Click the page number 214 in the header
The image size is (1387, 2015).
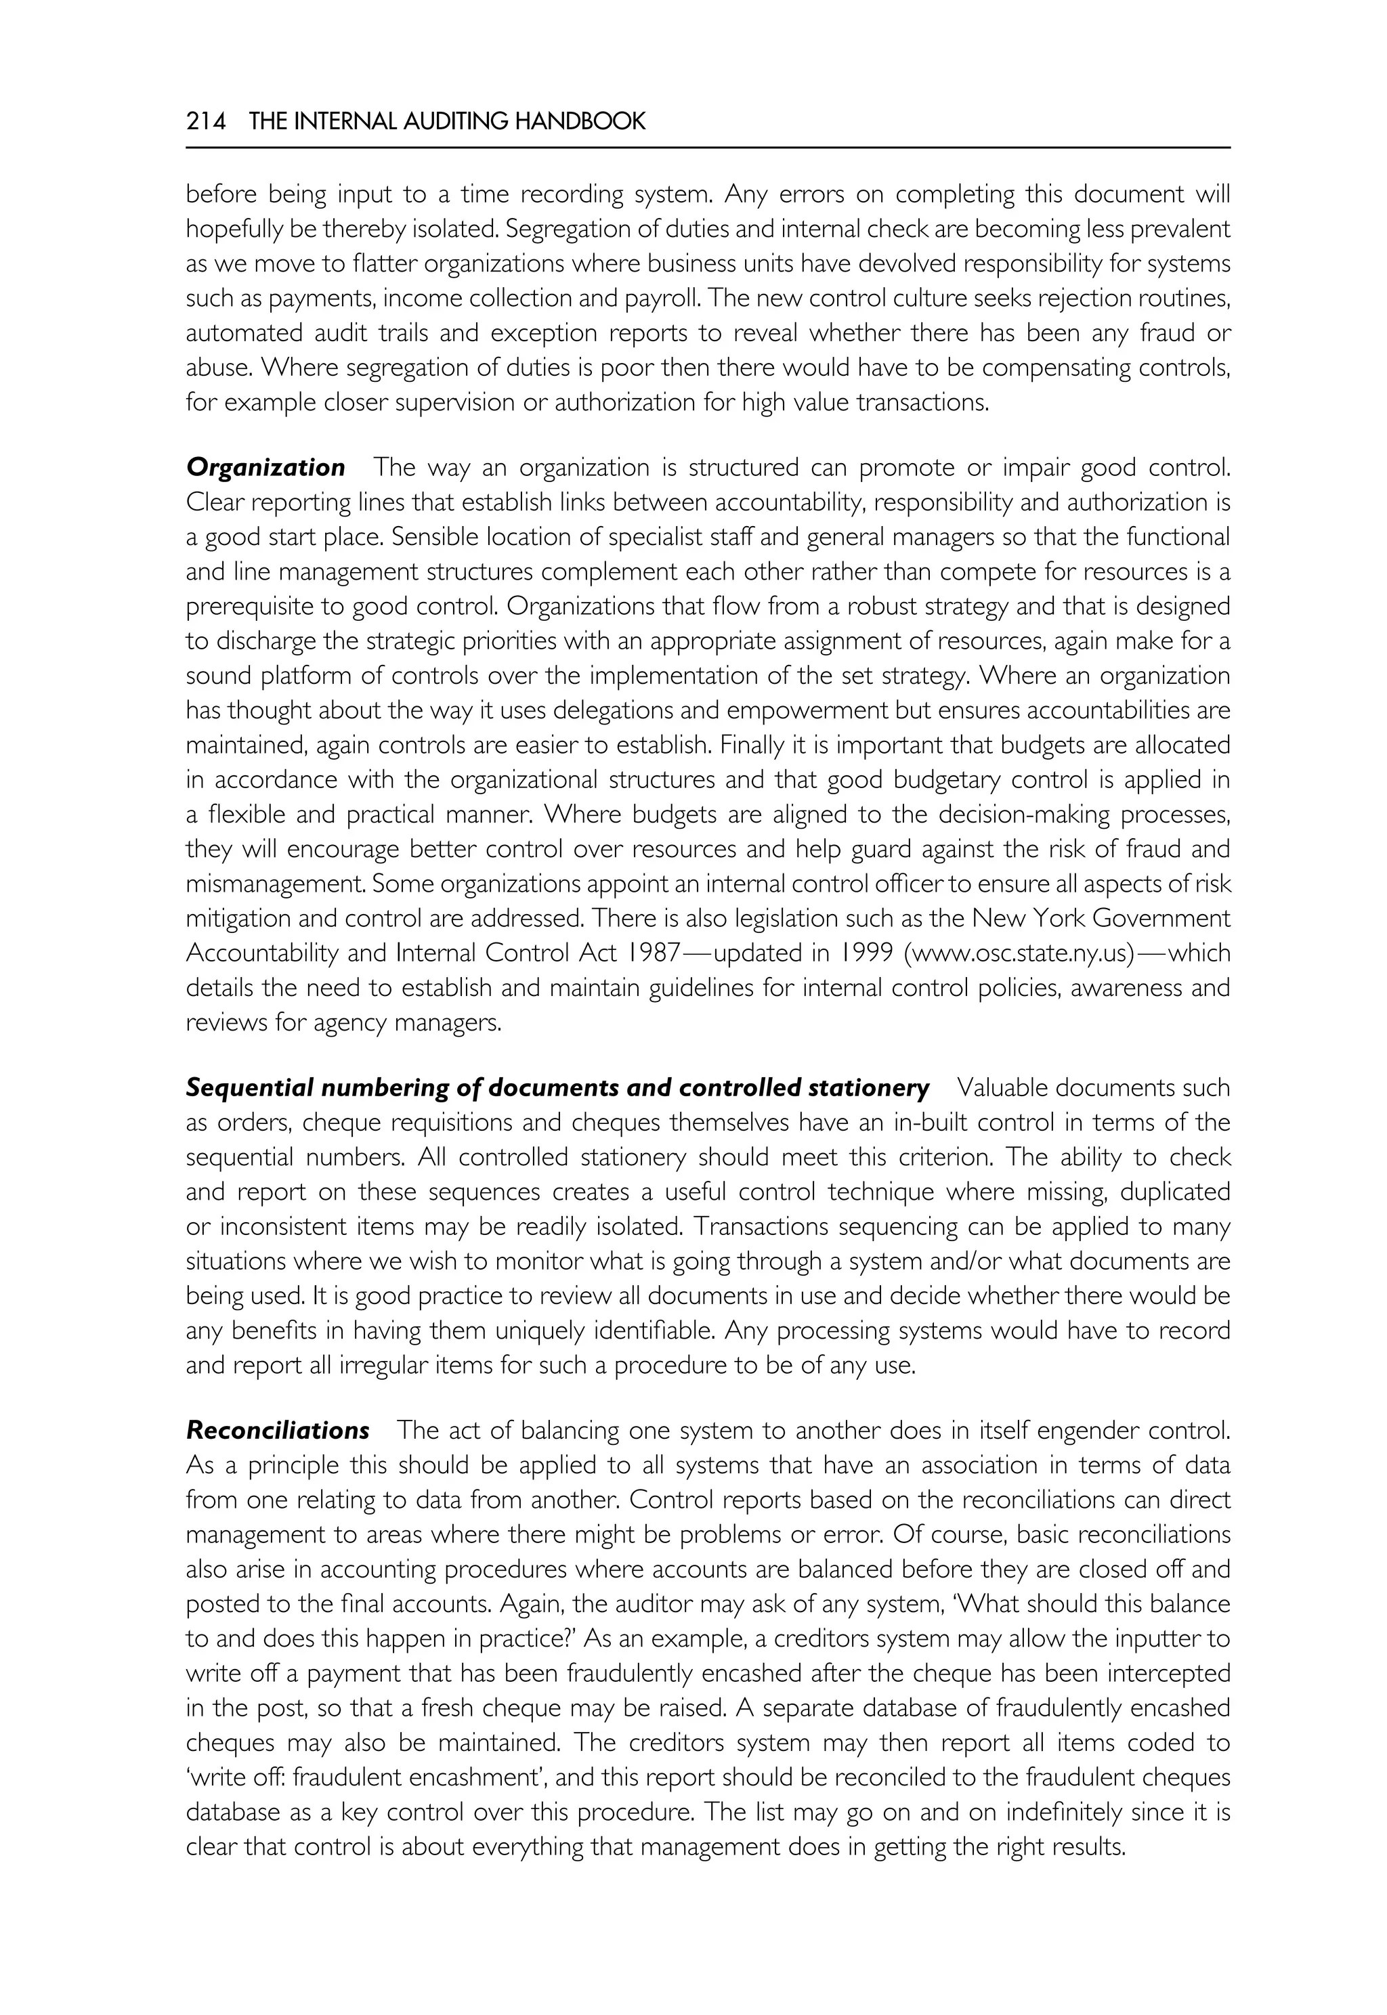coord(205,122)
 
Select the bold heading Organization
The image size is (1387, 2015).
coord(265,467)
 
